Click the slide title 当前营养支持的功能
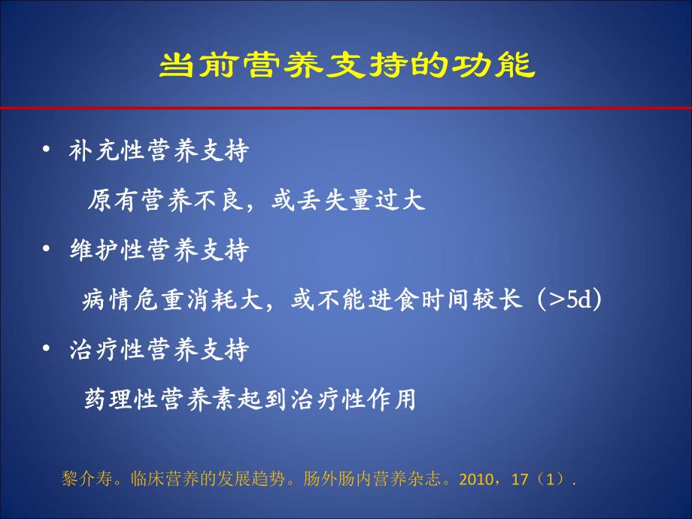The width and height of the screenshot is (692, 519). [x=347, y=65]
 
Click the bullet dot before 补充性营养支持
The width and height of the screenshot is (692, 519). [x=47, y=150]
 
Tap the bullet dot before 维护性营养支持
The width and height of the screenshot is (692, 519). [x=47, y=250]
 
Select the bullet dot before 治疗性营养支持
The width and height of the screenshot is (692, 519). [x=47, y=349]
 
